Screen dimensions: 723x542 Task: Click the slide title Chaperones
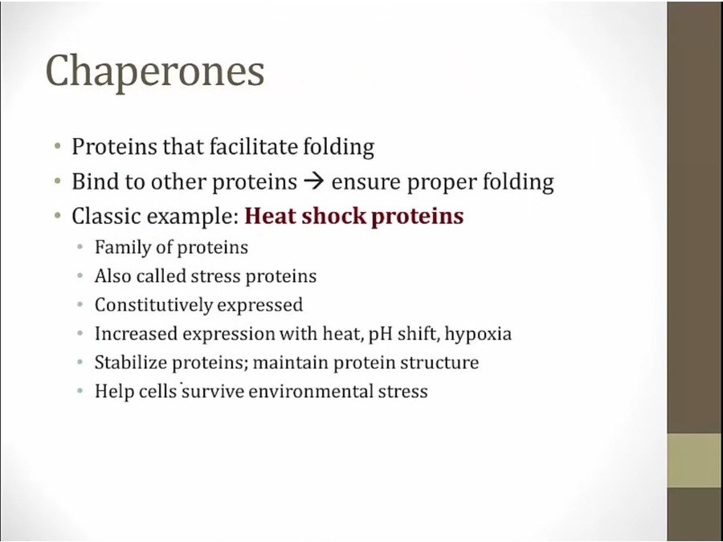pos(155,71)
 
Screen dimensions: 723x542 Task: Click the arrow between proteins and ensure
pos(314,181)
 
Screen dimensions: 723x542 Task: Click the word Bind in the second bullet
pos(93,181)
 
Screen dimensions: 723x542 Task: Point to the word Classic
pos(106,216)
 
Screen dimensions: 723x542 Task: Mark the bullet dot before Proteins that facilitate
pos(57,147)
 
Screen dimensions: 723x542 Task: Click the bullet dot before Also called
pos(80,276)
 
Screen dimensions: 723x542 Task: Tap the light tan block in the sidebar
pos(694,460)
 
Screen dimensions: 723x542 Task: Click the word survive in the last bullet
pos(213,391)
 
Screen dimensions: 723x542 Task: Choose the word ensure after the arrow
pos(366,182)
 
